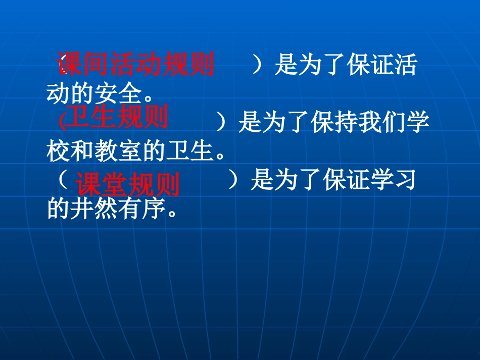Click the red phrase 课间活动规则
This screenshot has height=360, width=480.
pyautogui.click(x=136, y=64)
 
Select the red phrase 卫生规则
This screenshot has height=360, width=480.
pyautogui.click(x=117, y=117)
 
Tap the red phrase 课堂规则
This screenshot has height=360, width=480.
pyautogui.click(x=128, y=185)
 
